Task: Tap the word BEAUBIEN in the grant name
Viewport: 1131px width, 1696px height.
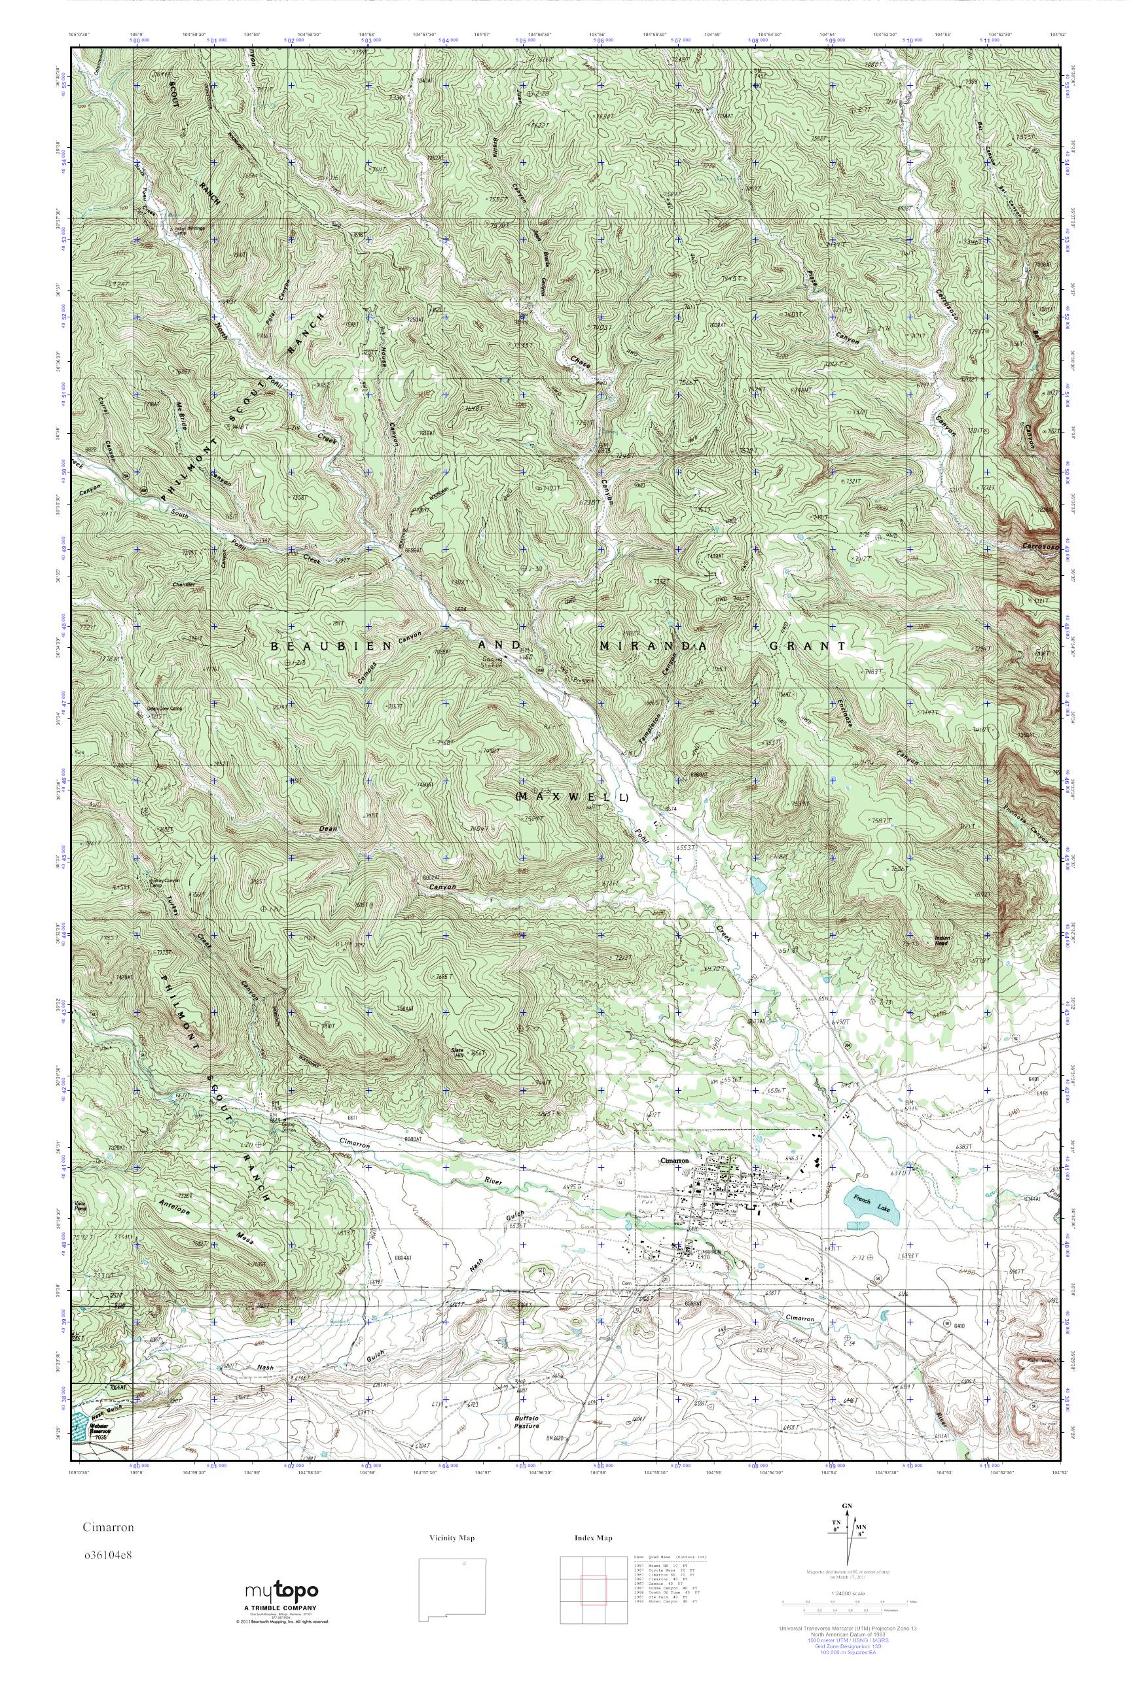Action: (331, 647)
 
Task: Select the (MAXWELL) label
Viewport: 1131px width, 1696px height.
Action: (573, 797)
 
